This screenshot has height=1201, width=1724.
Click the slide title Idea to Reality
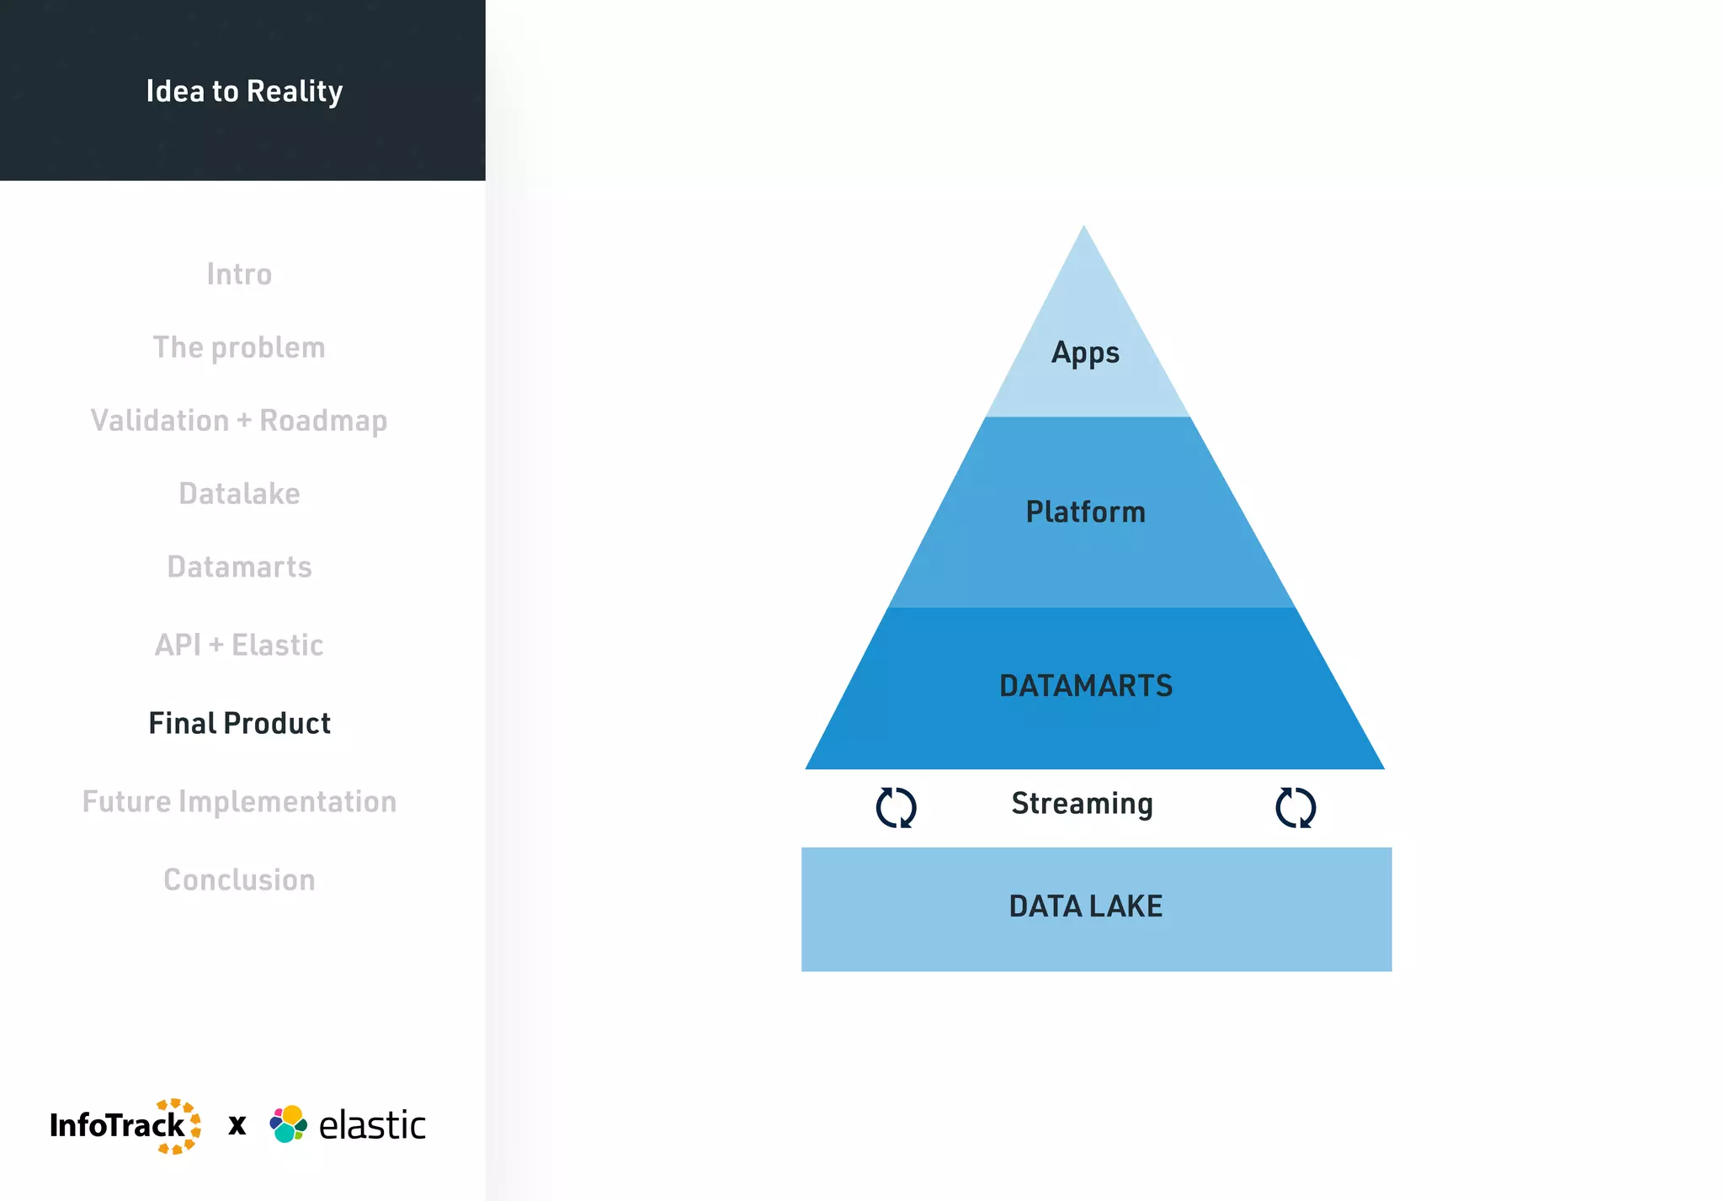(244, 91)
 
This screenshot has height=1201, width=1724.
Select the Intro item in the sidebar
(239, 274)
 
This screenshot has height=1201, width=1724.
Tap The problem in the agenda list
(239, 348)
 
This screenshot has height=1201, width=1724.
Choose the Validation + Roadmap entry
(239, 421)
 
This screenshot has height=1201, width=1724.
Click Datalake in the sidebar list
(239, 494)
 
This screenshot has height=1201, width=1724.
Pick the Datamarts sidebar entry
(239, 567)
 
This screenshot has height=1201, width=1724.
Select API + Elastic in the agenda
(239, 646)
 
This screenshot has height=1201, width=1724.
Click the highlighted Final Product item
(239, 724)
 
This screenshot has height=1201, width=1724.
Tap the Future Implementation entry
(239, 802)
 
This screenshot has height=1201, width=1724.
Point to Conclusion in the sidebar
(239, 880)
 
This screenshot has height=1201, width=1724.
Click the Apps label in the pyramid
(1085, 353)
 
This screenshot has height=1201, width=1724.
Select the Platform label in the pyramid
(1085, 512)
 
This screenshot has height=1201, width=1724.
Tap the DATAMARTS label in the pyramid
(1085, 686)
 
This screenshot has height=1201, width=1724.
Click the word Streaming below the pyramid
(1082, 804)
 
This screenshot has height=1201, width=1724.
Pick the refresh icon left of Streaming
(896, 808)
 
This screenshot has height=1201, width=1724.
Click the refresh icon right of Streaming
(1296, 808)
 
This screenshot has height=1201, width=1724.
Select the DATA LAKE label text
(1085, 906)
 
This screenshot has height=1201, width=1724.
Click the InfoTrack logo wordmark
(118, 1125)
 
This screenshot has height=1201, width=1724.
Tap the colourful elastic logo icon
(289, 1124)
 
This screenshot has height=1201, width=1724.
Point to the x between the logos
(237, 1125)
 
